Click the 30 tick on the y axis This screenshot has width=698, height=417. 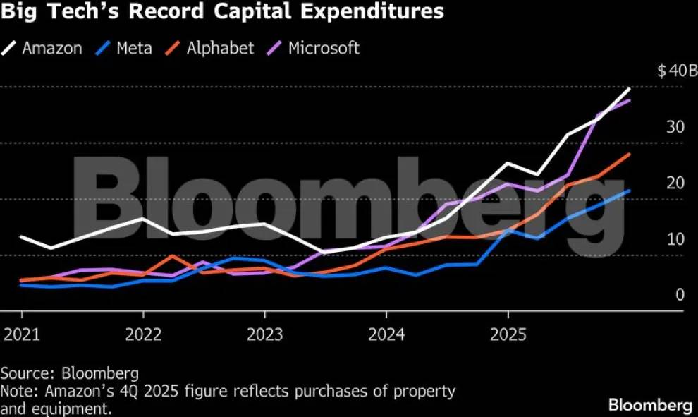pos(675,127)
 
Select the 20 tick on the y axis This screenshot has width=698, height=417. pos(675,183)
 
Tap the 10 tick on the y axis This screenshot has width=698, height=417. pos(675,239)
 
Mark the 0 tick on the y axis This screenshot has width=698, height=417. pos(680,295)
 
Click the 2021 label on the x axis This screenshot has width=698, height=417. pos(22,334)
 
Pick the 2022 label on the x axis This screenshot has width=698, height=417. pos(143,334)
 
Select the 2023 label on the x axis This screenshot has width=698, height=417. pos(265,334)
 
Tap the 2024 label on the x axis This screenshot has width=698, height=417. pos(386,334)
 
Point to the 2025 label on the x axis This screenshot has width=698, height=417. pos(508,334)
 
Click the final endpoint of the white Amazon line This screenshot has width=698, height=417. pos(630,89)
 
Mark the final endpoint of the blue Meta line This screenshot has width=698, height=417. pos(630,191)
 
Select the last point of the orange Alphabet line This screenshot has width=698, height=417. pos(630,154)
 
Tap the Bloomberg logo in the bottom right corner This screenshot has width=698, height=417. pos(650,405)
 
